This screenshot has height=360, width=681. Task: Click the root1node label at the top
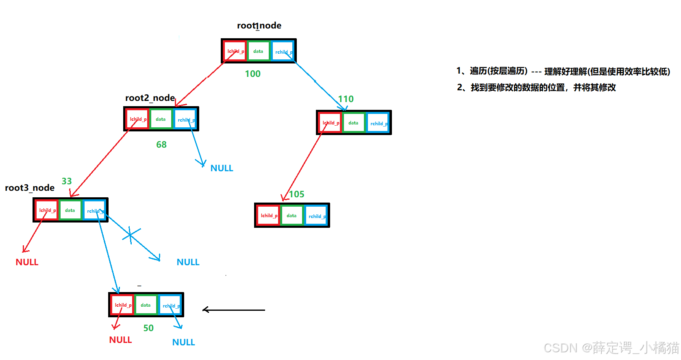(259, 26)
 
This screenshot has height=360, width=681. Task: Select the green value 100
(252, 74)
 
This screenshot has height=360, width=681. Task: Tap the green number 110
(346, 99)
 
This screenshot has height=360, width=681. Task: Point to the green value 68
(161, 144)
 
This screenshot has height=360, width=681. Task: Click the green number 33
(67, 181)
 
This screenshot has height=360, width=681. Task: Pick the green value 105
(297, 194)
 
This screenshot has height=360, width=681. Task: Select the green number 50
(148, 328)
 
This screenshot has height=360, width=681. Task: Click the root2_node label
(150, 98)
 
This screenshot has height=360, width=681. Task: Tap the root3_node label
(30, 188)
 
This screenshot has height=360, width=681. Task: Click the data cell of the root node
(258, 51)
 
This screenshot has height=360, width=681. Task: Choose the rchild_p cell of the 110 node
(378, 123)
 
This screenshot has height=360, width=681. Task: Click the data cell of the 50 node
(146, 305)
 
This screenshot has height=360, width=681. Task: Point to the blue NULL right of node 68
(222, 168)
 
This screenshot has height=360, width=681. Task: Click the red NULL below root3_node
(27, 262)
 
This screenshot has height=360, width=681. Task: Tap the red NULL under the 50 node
(120, 340)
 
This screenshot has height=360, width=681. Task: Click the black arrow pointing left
(233, 310)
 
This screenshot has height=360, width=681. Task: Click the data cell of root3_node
(70, 210)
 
